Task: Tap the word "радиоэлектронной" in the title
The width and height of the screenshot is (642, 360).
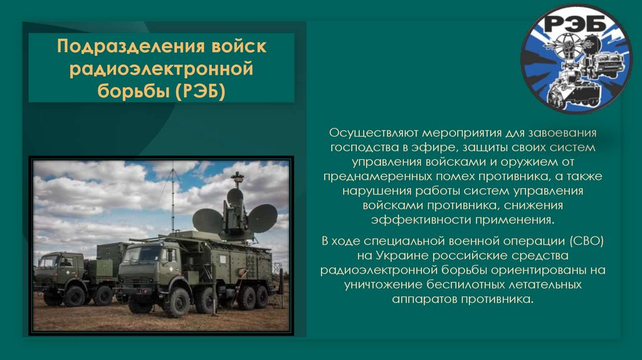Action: [x=162, y=69]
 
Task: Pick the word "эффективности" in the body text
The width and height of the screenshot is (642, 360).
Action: [x=411, y=221]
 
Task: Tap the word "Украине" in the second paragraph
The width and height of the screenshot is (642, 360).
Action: [x=400, y=256]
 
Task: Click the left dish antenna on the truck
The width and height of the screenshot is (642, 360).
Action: [x=207, y=221]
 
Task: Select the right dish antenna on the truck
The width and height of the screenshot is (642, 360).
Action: [x=263, y=218]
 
